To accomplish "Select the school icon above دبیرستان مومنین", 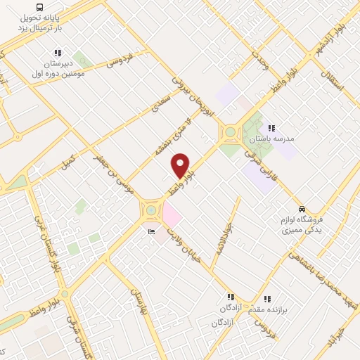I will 58,53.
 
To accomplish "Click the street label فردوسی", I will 120,60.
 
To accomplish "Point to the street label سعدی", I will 162,101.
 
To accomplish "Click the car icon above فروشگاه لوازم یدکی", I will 302,209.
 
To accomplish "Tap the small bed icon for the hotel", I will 151,232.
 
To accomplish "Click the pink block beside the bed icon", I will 172,213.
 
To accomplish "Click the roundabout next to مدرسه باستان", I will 229,131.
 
